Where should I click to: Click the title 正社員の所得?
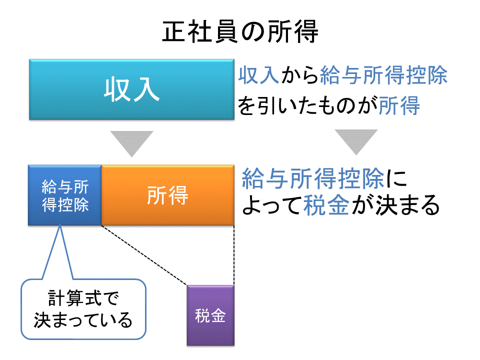(x=240, y=32)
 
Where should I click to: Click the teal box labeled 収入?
(x=131, y=89)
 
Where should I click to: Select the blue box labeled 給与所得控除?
(x=64, y=195)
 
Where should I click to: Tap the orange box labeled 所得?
(x=168, y=195)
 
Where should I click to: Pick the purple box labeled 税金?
(x=210, y=315)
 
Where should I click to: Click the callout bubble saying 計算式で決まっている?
(x=83, y=309)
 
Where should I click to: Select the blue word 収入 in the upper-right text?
(x=259, y=75)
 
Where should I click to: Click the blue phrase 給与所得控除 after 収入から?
(x=384, y=75)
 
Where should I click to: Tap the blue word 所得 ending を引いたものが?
(x=399, y=105)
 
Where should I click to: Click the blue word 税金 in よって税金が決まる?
(x=326, y=205)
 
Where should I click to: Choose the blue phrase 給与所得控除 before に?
(x=313, y=178)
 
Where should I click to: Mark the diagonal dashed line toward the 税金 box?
(x=144, y=255)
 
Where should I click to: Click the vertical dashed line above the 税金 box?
(x=234, y=255)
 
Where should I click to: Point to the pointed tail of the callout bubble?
(x=60, y=226)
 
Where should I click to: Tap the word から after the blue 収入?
(x=299, y=75)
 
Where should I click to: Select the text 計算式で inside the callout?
(x=83, y=298)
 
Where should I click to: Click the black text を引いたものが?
(x=308, y=105)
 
